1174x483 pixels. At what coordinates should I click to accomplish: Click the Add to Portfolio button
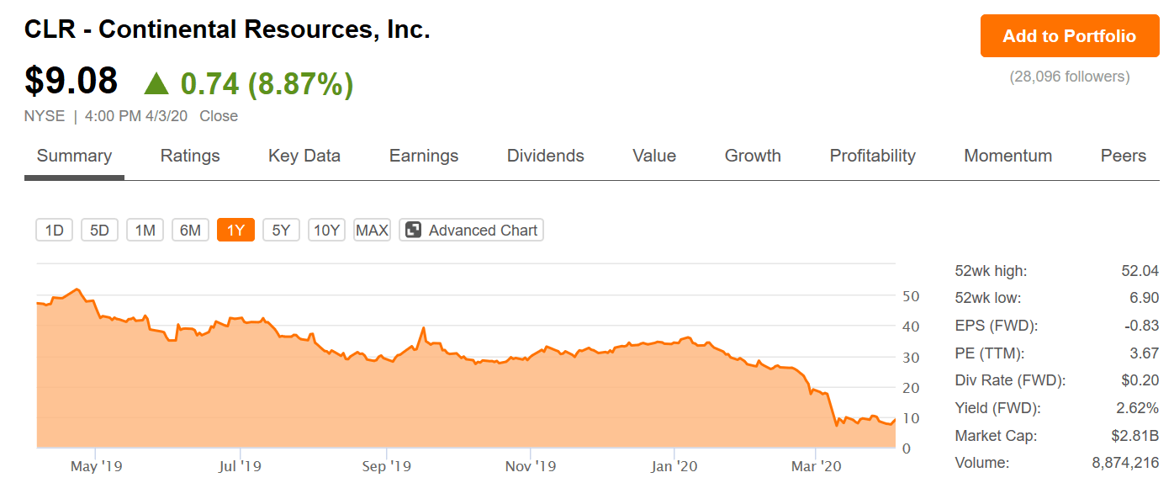1069,35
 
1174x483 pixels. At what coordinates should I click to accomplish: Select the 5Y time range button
281,230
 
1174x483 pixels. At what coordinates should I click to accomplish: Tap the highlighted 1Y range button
235,230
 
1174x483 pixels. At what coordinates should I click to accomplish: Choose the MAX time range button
372,230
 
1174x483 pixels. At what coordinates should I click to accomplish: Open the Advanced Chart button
471,230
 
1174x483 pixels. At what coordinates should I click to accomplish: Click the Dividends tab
545,156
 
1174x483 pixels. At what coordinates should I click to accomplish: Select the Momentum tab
1007,156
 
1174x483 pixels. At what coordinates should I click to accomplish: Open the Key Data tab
304,156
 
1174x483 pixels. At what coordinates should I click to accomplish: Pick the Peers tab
1124,156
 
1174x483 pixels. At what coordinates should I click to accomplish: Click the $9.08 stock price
71,81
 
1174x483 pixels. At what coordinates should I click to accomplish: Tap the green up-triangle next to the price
156,83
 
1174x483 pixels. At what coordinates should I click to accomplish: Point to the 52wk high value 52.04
1140,271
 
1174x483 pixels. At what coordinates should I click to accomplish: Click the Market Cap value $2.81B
1134,435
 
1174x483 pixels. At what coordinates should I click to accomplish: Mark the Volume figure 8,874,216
1125,463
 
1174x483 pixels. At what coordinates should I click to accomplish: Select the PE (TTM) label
990,353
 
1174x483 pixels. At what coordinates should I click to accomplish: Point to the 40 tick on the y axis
911,326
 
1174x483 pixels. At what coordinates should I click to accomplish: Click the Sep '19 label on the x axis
386,465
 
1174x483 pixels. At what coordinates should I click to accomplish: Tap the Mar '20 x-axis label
816,465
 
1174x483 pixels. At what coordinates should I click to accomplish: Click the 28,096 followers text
1069,77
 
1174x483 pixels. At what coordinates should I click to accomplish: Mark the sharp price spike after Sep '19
424,328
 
